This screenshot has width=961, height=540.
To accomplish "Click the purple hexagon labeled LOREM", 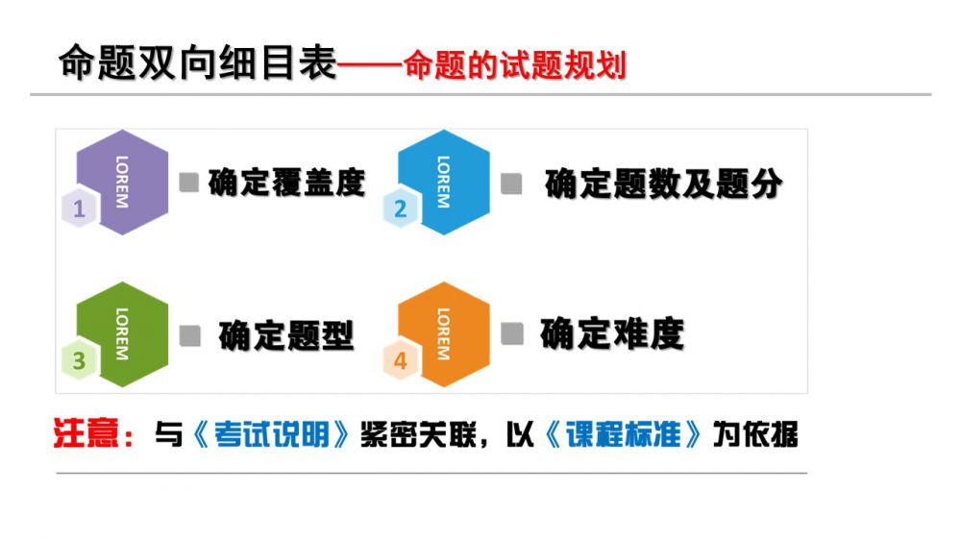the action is pos(123,182).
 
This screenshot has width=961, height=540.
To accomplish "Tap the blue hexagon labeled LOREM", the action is pos(444,182).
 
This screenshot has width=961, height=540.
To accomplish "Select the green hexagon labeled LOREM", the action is pos(123,334).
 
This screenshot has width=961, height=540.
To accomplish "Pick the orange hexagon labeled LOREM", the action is pos(444,334).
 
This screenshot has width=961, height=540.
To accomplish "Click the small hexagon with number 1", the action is pos(79,209).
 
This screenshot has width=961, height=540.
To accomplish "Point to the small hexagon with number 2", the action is pos(400,209).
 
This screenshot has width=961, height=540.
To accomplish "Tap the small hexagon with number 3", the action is pos(79,360).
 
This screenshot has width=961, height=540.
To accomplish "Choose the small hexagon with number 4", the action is pos(400,360).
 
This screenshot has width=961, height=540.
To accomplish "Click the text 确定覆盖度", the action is pos(286,183).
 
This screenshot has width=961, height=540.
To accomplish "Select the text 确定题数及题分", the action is pos(664,184).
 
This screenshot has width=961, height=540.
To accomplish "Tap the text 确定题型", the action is pos(286,335).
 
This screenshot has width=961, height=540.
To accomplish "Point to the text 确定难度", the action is pos(612,334).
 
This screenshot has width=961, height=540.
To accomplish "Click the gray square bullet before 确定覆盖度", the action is pos(188,182).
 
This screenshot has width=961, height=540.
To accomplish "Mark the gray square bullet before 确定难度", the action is pos(512,334).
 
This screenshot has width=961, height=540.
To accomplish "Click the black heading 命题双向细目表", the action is pos(198,62).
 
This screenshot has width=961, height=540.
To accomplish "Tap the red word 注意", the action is pos(86,432).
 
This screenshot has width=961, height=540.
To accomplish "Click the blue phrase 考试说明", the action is pos(272,434).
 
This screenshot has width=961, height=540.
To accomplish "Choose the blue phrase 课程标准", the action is pos(623,434).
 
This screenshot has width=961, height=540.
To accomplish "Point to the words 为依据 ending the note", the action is pos(755,434).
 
